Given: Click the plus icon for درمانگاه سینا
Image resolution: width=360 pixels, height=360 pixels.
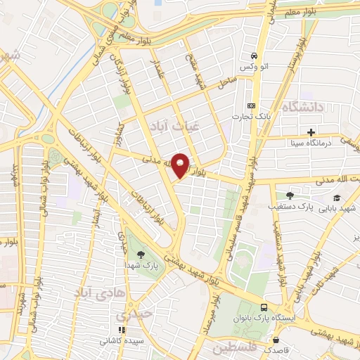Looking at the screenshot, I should pos(311,132).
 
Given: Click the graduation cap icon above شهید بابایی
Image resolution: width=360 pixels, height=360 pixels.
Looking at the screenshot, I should pos(337,198).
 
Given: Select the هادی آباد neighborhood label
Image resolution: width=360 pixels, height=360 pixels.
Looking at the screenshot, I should pos(101,290).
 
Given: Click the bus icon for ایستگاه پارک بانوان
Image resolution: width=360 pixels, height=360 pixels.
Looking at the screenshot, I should pos(264,307).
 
